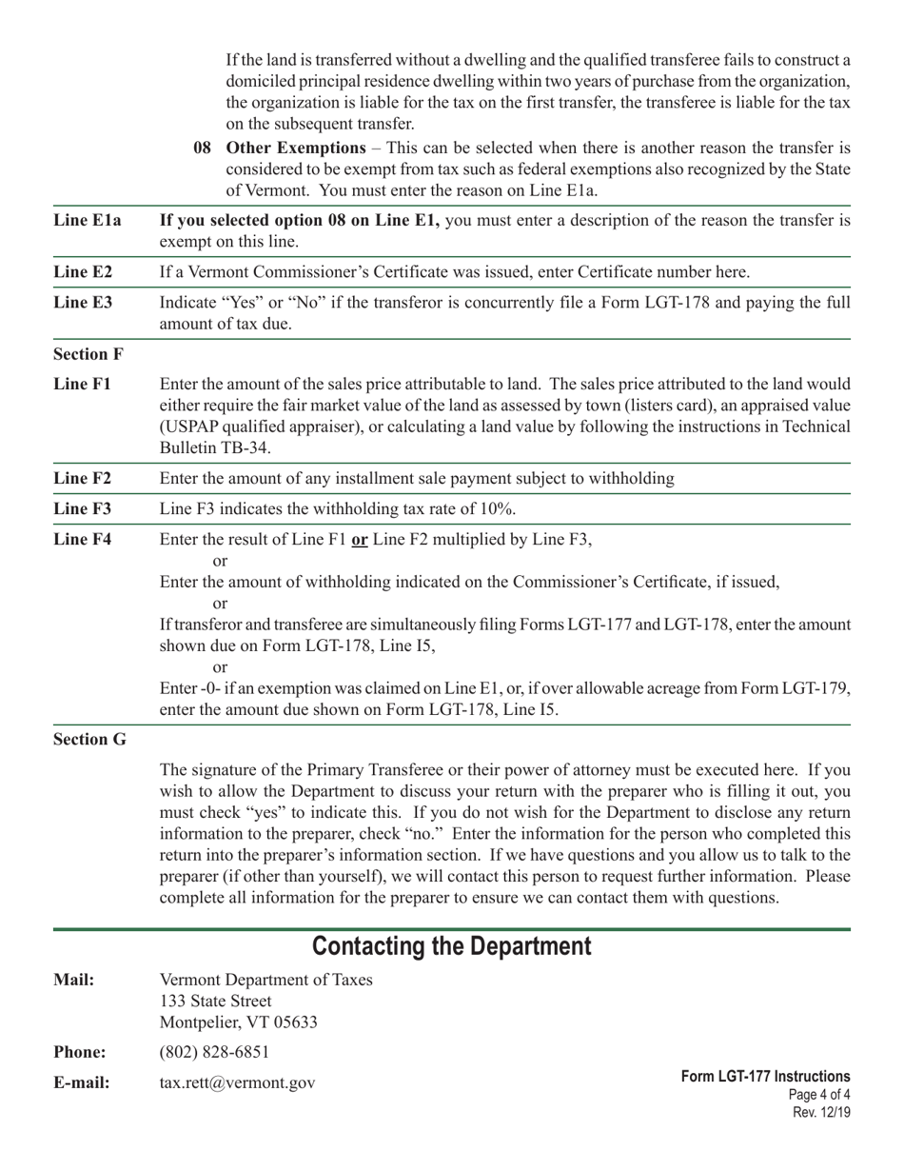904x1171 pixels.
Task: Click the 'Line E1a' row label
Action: click(x=88, y=221)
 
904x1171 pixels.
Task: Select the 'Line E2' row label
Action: click(x=83, y=272)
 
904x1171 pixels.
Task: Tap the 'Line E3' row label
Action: click(x=83, y=303)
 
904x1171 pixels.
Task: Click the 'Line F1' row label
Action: click(x=82, y=385)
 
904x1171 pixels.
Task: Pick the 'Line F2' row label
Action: click(x=82, y=478)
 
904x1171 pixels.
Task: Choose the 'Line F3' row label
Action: click(x=82, y=508)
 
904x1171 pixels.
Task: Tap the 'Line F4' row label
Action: click(x=82, y=540)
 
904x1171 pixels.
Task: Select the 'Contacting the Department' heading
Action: click(x=452, y=946)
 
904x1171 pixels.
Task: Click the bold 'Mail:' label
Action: click(x=73, y=980)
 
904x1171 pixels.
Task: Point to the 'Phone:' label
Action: click(x=79, y=1053)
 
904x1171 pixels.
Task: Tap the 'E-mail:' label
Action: click(x=82, y=1083)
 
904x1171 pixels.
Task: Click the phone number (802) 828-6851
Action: click(x=214, y=1052)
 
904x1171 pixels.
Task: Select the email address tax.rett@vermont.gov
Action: click(x=237, y=1083)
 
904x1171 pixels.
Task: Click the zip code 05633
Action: click(x=295, y=1023)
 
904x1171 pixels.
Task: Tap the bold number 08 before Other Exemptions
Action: click(x=202, y=148)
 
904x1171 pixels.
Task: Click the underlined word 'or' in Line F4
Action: click(x=360, y=540)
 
